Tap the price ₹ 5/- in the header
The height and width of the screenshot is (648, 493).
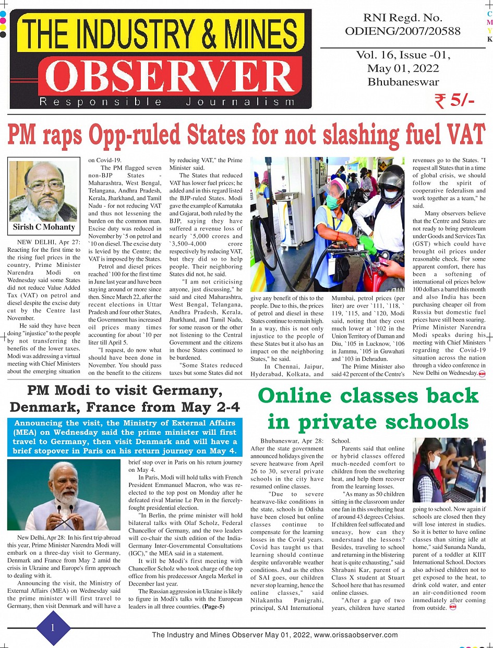(454, 101)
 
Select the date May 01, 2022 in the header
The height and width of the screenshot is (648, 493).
(403, 68)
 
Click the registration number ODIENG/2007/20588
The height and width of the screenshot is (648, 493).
(403, 31)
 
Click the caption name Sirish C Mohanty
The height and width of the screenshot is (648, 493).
(44, 227)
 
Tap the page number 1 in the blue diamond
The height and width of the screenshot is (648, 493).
(52, 628)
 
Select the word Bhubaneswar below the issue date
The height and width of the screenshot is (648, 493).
(403, 82)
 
